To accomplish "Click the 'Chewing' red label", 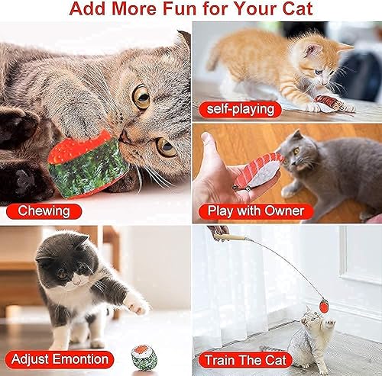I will click(44, 210).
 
